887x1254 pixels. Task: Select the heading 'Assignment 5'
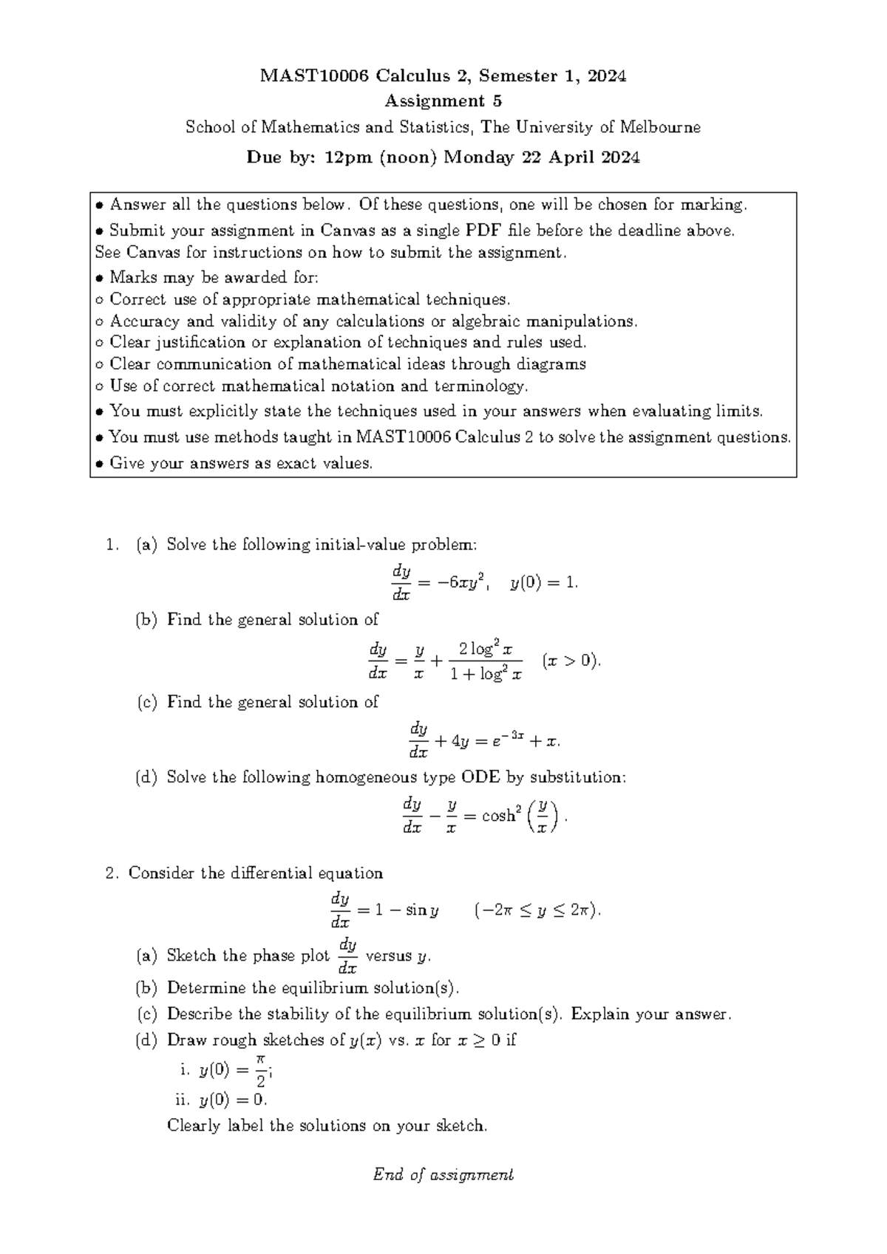[x=443, y=101]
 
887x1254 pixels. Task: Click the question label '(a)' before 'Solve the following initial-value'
[x=146, y=545]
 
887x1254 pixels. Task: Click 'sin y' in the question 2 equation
[x=421, y=910]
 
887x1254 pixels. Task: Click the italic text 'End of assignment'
[x=443, y=1174]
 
